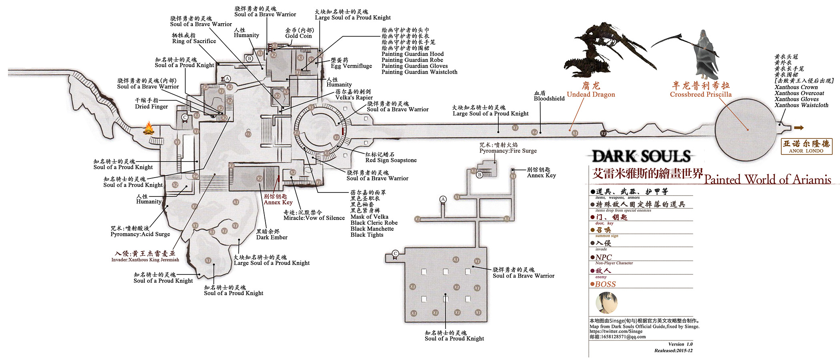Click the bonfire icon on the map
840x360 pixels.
[149, 128]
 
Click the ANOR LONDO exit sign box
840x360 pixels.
[806, 146]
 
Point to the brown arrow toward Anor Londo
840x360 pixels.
[799, 128]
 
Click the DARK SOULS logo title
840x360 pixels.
[641, 156]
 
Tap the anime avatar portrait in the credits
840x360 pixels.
[607, 303]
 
